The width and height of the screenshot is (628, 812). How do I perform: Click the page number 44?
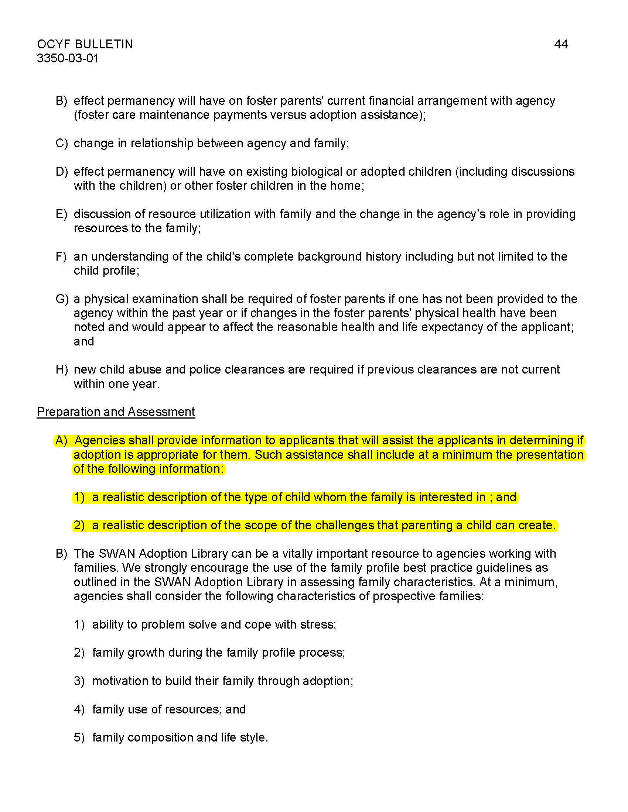tap(560, 44)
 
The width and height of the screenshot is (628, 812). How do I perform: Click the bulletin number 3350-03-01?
tap(68, 58)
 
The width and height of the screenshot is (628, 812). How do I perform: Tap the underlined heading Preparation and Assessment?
tap(116, 412)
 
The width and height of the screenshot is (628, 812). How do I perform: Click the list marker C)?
tap(61, 143)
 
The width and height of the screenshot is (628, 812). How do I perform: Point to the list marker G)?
tap(62, 299)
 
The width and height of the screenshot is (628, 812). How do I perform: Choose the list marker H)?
tap(62, 369)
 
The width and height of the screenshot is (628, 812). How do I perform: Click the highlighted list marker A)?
tap(61, 441)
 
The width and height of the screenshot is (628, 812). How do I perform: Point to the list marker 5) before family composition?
tap(79, 738)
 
